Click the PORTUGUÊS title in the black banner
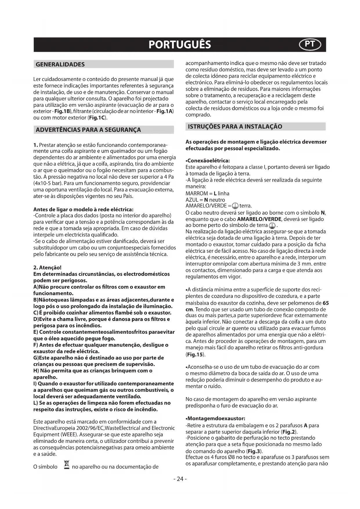point(180,45)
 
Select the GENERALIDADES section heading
point(60,64)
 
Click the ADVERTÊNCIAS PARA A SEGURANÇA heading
point(88,130)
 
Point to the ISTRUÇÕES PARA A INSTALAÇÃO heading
point(235,127)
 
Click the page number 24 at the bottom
point(180,479)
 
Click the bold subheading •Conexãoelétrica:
point(207,160)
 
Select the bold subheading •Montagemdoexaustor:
point(215,418)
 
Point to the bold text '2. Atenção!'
point(47,268)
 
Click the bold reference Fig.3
point(254,451)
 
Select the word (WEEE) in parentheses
point(68,435)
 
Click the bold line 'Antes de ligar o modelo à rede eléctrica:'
point(83,209)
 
